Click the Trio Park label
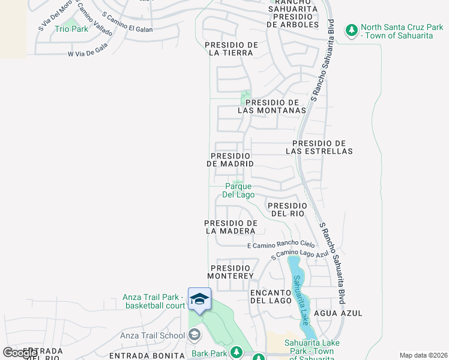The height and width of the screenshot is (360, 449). pyautogui.click(x=71, y=29)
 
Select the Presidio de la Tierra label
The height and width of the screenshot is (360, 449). pyautogui.click(x=231, y=49)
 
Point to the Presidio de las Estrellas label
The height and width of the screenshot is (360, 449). pyautogui.click(x=319, y=147)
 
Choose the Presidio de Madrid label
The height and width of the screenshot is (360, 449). pyautogui.click(x=230, y=160)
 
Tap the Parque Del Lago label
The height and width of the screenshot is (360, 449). pyautogui.click(x=238, y=191)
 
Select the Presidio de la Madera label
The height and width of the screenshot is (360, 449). pyautogui.click(x=231, y=227)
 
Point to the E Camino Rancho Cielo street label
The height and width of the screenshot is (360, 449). pyautogui.click(x=281, y=245)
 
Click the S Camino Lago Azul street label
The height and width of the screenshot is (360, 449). pyautogui.click(x=300, y=255)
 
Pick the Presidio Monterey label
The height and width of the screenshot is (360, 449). pyautogui.click(x=231, y=271)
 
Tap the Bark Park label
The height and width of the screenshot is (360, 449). pyautogui.click(x=209, y=353)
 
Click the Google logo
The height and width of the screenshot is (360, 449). pyautogui.click(x=20, y=353)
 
